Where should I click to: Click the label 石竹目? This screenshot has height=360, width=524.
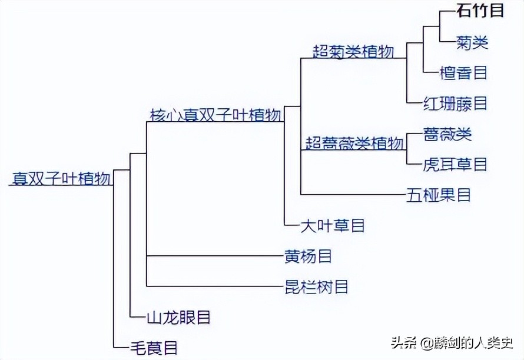click(480, 11)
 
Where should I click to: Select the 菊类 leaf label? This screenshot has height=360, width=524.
click(472, 42)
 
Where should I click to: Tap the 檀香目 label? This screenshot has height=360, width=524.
click(463, 73)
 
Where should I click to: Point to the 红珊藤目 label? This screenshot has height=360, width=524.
click(455, 104)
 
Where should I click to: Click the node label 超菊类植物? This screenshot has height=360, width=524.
click(353, 52)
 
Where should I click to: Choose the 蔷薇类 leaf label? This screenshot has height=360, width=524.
click(447, 134)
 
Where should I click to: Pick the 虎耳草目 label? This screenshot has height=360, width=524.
click(455, 164)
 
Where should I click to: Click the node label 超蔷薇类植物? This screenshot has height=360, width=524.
click(354, 143)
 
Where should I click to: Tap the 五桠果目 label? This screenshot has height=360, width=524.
click(439, 195)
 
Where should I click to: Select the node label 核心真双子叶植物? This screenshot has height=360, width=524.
click(215, 115)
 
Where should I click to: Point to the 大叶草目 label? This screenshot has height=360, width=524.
click(333, 225)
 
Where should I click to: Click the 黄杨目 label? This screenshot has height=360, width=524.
click(308, 256)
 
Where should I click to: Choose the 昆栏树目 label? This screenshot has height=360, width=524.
click(316, 286)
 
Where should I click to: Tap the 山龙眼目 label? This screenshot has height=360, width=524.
click(178, 318)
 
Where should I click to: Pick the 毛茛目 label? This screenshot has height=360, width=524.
click(154, 348)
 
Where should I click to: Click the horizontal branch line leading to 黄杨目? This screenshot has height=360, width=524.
click(215, 256)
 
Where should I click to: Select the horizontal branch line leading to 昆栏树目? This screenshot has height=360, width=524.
click(215, 286)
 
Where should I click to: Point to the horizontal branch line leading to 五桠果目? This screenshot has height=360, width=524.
click(353, 195)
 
